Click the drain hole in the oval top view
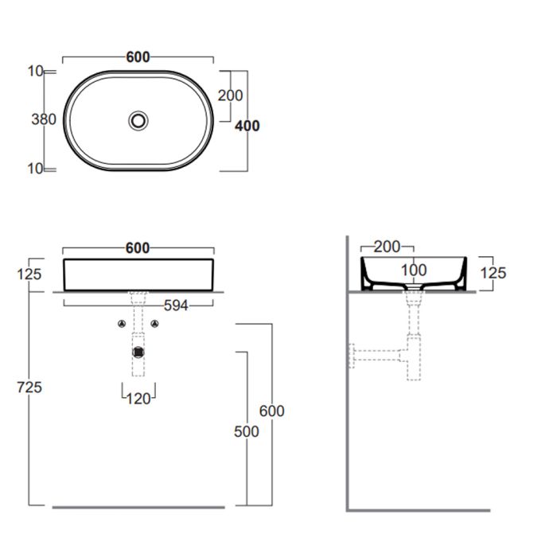click(x=138, y=121)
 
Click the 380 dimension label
click(x=44, y=119)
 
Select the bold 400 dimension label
click(x=247, y=126)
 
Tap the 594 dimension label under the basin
click(x=176, y=306)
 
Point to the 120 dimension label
click(x=138, y=399)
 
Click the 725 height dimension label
click(x=29, y=388)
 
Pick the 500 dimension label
click(x=247, y=431)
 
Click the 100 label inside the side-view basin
click(x=414, y=271)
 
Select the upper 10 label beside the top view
click(x=36, y=72)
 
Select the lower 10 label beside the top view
click(x=36, y=169)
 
